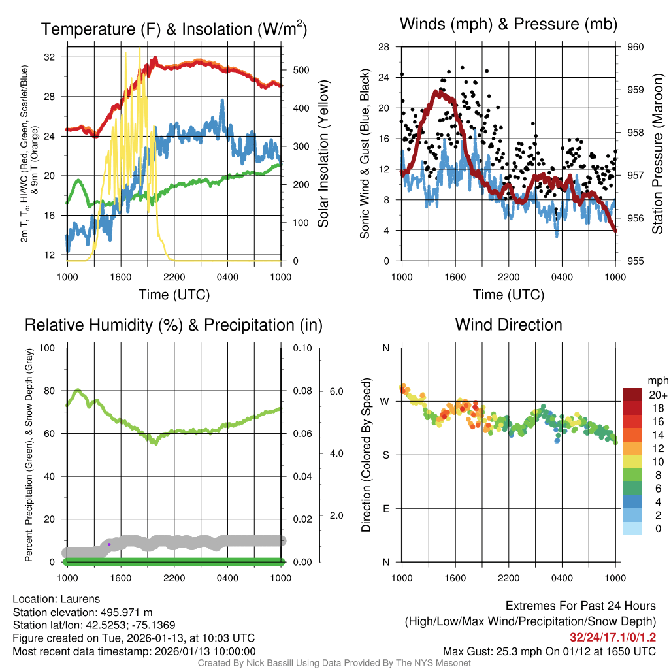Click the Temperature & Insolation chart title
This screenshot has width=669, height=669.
tap(174, 29)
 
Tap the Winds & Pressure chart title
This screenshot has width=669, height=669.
tap(508, 24)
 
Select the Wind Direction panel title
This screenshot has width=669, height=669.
tap(508, 325)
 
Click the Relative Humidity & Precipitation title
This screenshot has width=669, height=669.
tap(174, 325)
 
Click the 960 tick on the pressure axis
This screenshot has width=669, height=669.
tap(636, 47)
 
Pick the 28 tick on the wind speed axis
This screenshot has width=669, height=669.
tap(384, 47)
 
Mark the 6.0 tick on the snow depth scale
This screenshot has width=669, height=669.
tap(336, 391)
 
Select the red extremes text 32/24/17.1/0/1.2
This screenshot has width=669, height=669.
tap(613, 637)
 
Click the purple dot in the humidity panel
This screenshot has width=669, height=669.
tap(109, 544)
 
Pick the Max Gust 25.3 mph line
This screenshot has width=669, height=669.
tap(549, 651)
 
